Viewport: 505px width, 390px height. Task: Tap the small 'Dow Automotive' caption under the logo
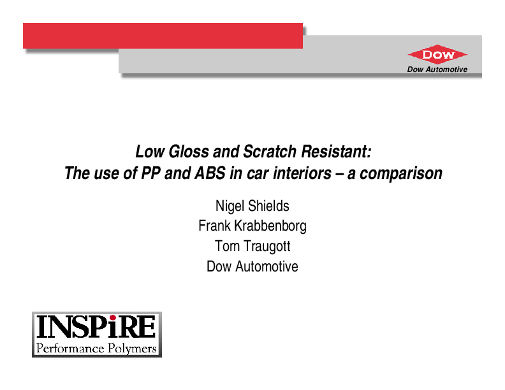pyautogui.click(x=437, y=69)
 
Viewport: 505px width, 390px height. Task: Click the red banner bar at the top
pyautogui.click(x=163, y=36)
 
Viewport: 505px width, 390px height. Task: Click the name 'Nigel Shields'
pyautogui.click(x=252, y=206)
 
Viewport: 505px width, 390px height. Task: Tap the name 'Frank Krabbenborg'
pyautogui.click(x=252, y=226)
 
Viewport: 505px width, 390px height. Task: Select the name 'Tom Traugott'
pyautogui.click(x=252, y=246)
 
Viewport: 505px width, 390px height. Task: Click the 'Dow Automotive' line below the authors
pyautogui.click(x=252, y=266)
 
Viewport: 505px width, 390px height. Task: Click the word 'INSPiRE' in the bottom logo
pyautogui.click(x=96, y=328)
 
